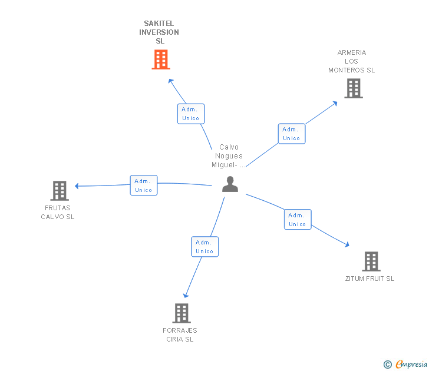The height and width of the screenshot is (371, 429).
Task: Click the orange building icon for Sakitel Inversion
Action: click(x=161, y=59)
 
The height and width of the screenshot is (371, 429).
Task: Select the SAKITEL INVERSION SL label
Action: click(x=159, y=32)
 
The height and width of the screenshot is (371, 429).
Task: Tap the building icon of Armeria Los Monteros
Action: click(x=353, y=88)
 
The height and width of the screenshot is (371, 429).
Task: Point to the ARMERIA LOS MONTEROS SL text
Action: click(x=351, y=61)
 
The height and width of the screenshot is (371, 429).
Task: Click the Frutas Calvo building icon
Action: click(x=60, y=191)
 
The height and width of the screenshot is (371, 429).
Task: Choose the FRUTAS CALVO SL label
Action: click(x=58, y=212)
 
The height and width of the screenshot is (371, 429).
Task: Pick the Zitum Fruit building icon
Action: click(x=371, y=261)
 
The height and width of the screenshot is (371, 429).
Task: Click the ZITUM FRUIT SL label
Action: click(x=369, y=279)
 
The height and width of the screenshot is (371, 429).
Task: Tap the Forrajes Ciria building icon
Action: click(x=181, y=313)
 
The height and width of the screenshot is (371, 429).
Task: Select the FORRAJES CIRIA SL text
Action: click(x=180, y=334)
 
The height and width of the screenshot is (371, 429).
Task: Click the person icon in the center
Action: click(x=230, y=184)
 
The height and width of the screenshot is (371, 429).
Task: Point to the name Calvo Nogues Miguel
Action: click(x=229, y=156)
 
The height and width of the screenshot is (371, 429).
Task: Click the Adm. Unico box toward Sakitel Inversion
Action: click(x=191, y=114)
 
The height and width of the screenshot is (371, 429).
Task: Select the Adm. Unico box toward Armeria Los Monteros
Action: click(x=291, y=134)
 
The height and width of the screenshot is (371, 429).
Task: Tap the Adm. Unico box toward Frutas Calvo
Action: click(x=144, y=185)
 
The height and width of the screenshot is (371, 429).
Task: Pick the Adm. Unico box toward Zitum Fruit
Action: click(x=298, y=220)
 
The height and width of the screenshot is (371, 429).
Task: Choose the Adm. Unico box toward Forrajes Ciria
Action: click(x=204, y=247)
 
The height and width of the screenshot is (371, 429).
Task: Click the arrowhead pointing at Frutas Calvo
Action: click(x=77, y=186)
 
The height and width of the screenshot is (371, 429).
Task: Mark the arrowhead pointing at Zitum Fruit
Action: click(x=347, y=244)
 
